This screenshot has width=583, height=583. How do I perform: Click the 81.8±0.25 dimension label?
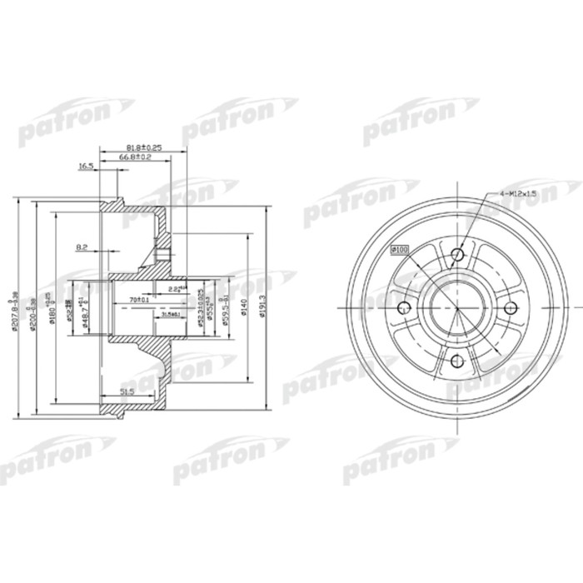142,147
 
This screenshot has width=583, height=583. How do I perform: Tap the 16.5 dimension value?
86,167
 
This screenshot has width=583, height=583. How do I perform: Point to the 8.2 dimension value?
82,247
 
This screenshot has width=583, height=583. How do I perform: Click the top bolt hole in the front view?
457,256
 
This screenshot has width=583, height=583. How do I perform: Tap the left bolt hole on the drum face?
406,308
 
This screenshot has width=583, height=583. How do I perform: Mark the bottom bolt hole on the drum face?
457,360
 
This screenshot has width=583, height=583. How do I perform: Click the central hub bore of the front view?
457,308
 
